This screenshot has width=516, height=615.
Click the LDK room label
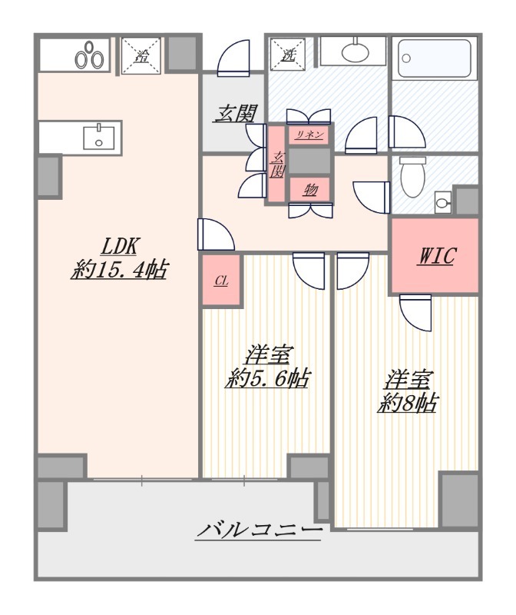click(x=119, y=247)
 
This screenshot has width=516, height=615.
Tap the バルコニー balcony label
click(x=259, y=530)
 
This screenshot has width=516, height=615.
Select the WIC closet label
click(x=437, y=256)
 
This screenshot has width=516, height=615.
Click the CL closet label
click(x=221, y=281)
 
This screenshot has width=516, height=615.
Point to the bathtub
click(x=434, y=58)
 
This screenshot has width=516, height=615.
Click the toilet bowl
click(x=412, y=178)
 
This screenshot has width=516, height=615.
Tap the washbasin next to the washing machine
click(x=355, y=52)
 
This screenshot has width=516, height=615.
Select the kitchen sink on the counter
click(x=98, y=137)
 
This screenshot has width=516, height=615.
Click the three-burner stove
click(x=90, y=55)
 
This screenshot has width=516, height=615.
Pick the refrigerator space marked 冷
click(x=141, y=55)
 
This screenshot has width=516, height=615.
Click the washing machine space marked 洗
click(x=289, y=54)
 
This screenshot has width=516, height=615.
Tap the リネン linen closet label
click(x=309, y=135)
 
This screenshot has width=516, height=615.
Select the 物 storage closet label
click(x=310, y=191)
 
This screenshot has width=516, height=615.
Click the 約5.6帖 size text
click(x=268, y=378)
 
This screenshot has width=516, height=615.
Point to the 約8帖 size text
click(x=408, y=403)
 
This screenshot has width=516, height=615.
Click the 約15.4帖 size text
click(x=119, y=270)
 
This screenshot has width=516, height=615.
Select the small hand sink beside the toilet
click(x=443, y=203)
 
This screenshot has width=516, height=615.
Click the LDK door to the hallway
click(x=216, y=234)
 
